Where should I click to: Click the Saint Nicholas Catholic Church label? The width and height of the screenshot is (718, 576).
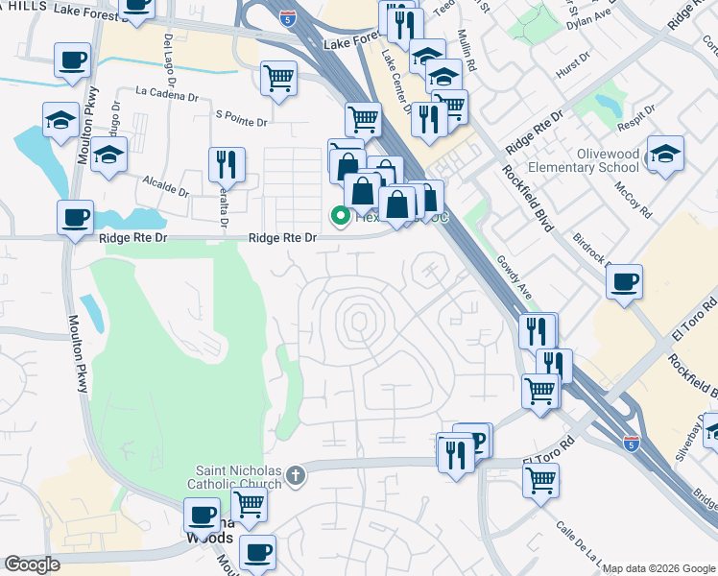(x=238, y=476)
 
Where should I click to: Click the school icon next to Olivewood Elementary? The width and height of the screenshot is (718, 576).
(x=664, y=154)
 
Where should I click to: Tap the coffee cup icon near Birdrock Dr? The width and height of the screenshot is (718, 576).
(x=625, y=282)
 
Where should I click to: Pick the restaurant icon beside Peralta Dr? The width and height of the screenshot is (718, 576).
(x=227, y=165)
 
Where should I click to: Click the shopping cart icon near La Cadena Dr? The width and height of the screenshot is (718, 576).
(x=278, y=79)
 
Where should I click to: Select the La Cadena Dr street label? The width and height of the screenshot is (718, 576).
(x=167, y=93)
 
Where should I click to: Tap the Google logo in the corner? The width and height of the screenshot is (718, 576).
(x=33, y=564)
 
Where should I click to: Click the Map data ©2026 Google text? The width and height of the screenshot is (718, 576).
(x=658, y=568)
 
